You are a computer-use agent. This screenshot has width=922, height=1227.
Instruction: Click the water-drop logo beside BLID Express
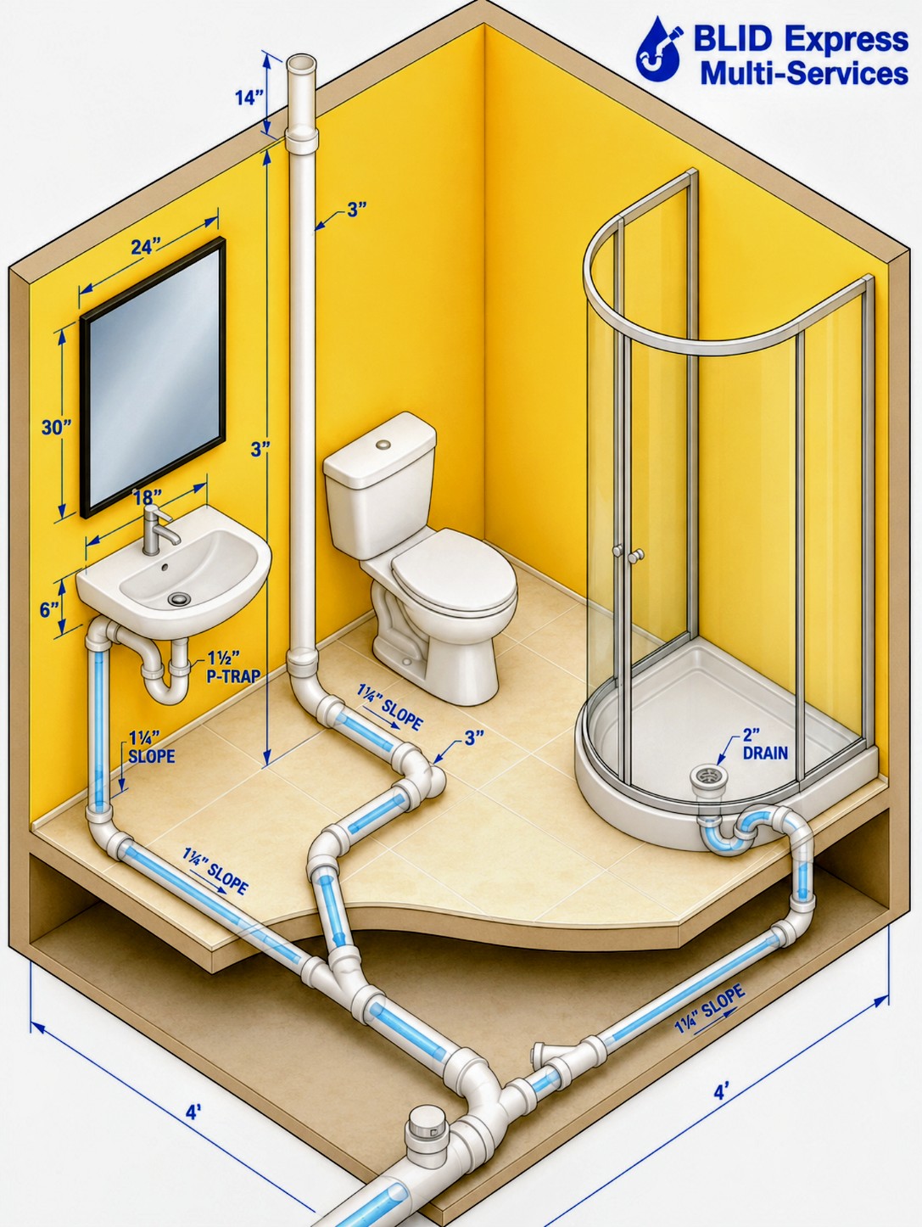coord(659,50)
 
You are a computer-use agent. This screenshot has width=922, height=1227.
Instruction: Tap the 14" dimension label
coord(249,98)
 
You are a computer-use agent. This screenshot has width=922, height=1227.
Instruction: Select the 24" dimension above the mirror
coord(146,246)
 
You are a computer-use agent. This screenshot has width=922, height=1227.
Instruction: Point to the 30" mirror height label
coord(57,427)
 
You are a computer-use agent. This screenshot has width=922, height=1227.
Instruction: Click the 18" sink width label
coord(148,496)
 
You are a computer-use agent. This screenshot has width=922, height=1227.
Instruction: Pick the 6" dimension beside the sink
coord(50,610)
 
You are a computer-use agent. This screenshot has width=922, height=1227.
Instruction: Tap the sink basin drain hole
coord(179,599)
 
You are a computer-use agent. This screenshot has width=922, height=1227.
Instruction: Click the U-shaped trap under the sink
coord(165,682)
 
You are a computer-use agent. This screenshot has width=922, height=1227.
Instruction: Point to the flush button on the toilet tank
coord(383,445)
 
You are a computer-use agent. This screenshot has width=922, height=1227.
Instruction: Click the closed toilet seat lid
coord(454,570)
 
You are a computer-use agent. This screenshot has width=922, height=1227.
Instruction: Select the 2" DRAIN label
coord(765,743)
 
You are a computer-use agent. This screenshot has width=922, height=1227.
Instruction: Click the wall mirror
coord(153,378)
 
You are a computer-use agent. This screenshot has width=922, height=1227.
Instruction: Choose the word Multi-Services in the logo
coord(804,74)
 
